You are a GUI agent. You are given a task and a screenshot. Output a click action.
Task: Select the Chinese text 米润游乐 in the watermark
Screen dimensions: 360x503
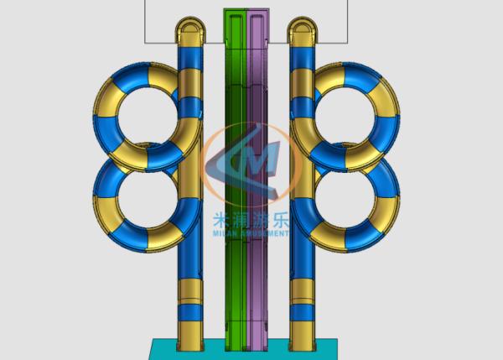point(246,222)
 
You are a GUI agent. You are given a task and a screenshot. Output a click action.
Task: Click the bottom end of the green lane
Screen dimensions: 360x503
point(236,339)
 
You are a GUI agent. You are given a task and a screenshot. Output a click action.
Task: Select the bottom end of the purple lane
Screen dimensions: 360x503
point(257,339)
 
